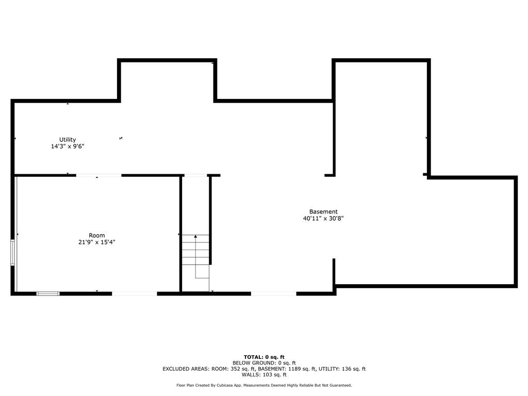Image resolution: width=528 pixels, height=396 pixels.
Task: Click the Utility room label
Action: tap(68, 139)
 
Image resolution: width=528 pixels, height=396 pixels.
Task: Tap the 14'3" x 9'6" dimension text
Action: tap(68, 146)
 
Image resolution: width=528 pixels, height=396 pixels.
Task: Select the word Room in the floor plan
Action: tap(96, 235)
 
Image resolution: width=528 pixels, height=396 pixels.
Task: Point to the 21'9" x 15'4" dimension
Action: tap(96, 242)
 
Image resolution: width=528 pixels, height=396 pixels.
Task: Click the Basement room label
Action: tap(323, 211)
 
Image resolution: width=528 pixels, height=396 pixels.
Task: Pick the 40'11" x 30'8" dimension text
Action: tap(323, 218)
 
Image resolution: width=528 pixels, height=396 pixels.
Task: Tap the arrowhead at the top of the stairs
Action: tap(195, 236)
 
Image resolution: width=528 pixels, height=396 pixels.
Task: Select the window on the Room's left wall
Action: tap(12, 253)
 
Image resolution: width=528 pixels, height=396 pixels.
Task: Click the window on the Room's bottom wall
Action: tap(48, 293)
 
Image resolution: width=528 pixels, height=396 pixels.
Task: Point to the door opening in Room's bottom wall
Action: tap(135, 293)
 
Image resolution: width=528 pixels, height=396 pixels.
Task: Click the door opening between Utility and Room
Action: tap(98, 175)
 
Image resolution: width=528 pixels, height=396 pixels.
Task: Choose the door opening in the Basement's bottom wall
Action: tap(274, 293)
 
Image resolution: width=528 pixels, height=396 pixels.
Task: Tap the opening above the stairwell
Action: tap(195, 175)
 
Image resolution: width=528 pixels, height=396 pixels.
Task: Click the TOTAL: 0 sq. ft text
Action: tap(264, 357)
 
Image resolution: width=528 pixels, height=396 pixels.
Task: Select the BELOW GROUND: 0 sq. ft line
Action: tap(264, 363)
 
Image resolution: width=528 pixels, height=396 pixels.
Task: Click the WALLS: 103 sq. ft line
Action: tap(264, 374)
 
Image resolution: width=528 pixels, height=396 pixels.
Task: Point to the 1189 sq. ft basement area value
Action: tap(302, 369)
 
